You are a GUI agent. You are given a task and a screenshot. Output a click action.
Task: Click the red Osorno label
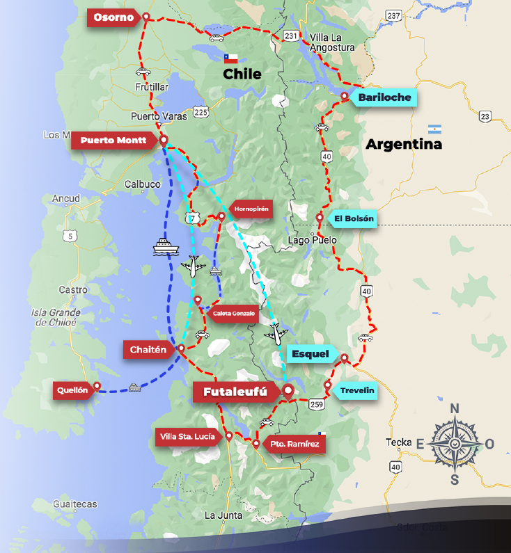click(112, 17)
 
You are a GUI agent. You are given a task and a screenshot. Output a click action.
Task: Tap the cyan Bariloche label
click(384, 97)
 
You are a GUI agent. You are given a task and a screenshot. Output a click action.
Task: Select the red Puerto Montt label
click(113, 141)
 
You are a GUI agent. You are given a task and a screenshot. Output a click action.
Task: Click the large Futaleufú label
click(235, 392)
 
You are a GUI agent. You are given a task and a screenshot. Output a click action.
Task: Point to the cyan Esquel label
click(310, 354)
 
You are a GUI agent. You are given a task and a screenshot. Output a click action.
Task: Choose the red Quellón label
click(73, 390)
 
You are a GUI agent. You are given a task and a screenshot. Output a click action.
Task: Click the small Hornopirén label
click(251, 208)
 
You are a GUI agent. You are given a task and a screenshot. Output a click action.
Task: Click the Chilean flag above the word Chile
click(231, 58)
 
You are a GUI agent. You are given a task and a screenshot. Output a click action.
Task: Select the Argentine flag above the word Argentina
click(435, 129)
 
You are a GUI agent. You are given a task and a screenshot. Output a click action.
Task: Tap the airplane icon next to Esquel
click(276, 333)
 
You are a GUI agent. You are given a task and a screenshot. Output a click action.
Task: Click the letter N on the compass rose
click(455, 408)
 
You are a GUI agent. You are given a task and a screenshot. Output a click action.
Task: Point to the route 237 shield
click(394, 15)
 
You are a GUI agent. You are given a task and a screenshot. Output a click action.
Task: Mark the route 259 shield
click(317, 403)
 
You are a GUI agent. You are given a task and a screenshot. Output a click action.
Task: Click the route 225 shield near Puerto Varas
click(201, 111)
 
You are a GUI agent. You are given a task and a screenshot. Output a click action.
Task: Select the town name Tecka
click(398, 442)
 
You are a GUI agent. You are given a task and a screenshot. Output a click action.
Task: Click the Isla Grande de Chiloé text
click(56, 317)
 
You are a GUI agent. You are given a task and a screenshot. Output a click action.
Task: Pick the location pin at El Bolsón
click(320, 218)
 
